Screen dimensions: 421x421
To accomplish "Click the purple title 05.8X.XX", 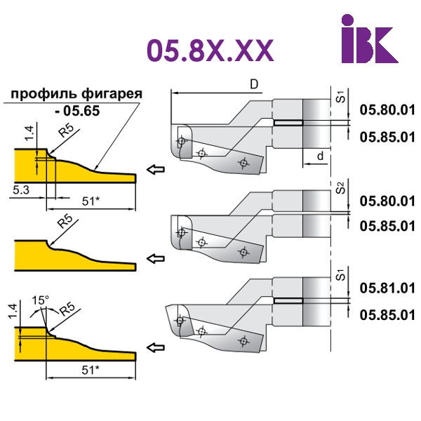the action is coord(210,51).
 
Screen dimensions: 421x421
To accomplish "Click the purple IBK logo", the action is coord(370,39).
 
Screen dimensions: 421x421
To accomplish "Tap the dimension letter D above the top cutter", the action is coord(254,84).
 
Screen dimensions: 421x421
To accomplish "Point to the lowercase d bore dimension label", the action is coord(321,156).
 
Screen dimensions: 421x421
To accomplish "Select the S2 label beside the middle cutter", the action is coord(340,187).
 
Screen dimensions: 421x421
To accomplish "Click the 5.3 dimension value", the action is coord(21,190).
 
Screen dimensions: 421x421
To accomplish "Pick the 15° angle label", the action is coord(40,300).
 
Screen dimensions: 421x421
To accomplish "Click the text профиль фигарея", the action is coord(76,94).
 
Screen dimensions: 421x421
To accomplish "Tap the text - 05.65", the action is coord(77,111).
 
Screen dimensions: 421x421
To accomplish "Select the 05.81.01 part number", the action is coord(387,288).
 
